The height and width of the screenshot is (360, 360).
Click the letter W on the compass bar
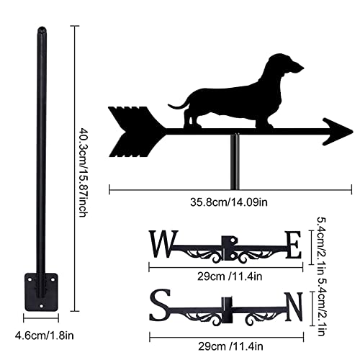coord(163,244)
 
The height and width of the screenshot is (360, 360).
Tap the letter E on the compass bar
coord(293,245)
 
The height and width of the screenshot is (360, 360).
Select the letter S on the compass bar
coord(160,305)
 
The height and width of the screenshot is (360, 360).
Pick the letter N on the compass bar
coord(294,307)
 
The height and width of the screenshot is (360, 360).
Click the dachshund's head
coord(284,64)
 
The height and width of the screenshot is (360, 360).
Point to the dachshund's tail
coord(178,105)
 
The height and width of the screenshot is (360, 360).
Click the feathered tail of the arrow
coord(135,132)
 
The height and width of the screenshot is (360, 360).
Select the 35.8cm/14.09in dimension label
coord(229,202)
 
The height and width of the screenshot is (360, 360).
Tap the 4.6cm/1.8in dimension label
coord(45,336)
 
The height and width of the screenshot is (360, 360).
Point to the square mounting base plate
coord(42,292)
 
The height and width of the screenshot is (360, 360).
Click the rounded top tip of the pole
coord(42,30)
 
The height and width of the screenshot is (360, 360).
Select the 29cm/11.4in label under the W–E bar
coord(230,276)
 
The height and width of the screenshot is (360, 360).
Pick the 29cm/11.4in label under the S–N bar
coord(230,346)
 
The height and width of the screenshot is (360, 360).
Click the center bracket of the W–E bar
coord(229,248)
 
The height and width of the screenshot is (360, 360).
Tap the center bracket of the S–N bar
coord(227,310)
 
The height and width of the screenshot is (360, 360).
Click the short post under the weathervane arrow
coord(235,162)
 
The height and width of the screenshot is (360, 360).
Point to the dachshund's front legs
coord(264,120)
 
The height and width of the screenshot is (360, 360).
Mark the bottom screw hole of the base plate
coord(42,306)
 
